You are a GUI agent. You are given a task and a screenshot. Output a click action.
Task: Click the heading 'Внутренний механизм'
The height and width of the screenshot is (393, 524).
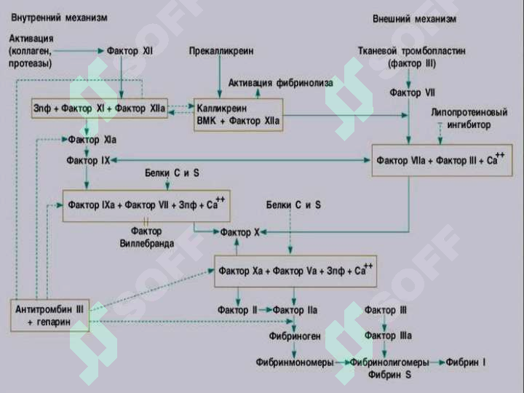tap(59, 17)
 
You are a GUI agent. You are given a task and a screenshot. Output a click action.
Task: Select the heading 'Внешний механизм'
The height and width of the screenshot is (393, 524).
tap(414, 19)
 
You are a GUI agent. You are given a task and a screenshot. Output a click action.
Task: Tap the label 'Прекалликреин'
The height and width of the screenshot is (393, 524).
tap(221, 51)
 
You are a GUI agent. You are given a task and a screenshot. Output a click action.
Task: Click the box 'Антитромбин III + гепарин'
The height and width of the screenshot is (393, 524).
tap(49, 315)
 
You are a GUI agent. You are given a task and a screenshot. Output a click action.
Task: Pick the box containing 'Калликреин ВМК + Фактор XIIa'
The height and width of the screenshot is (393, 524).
tap(238, 115)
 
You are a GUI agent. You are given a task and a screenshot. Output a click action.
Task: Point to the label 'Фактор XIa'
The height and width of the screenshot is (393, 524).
tap(92, 140)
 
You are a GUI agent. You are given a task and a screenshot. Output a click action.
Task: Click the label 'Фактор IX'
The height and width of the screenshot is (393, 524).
tap(88, 160)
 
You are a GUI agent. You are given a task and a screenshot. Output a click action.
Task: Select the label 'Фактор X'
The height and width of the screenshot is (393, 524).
tap(239, 232)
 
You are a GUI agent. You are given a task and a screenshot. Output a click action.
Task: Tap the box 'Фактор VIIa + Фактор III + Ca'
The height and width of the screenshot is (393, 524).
tap(442, 160)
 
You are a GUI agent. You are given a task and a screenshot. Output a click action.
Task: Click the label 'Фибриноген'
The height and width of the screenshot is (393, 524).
tap(295, 336)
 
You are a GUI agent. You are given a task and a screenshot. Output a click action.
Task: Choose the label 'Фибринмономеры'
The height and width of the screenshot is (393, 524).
tap(295, 362)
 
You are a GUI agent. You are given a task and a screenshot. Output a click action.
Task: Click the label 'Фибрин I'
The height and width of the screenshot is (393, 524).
tap(466, 362)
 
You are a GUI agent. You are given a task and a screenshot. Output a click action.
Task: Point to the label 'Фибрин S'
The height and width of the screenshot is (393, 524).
tap(389, 375)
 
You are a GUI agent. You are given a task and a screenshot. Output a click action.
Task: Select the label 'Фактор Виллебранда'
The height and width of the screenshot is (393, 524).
tap(147, 237)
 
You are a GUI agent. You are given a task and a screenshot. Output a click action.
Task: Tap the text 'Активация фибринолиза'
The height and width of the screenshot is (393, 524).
tap(281, 83)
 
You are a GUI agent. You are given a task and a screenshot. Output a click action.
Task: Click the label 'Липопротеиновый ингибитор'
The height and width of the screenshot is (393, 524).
tap(469, 119)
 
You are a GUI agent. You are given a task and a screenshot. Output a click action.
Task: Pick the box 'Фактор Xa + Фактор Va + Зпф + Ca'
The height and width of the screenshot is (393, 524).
tap(295, 271)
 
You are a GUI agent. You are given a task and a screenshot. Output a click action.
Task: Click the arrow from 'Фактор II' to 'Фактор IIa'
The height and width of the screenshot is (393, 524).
tap(265, 310)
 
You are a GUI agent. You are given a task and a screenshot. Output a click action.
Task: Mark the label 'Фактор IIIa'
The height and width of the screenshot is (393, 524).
tap(388, 336)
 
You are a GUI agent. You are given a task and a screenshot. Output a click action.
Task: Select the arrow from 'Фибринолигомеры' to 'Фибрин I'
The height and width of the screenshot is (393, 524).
tap(437, 362)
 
